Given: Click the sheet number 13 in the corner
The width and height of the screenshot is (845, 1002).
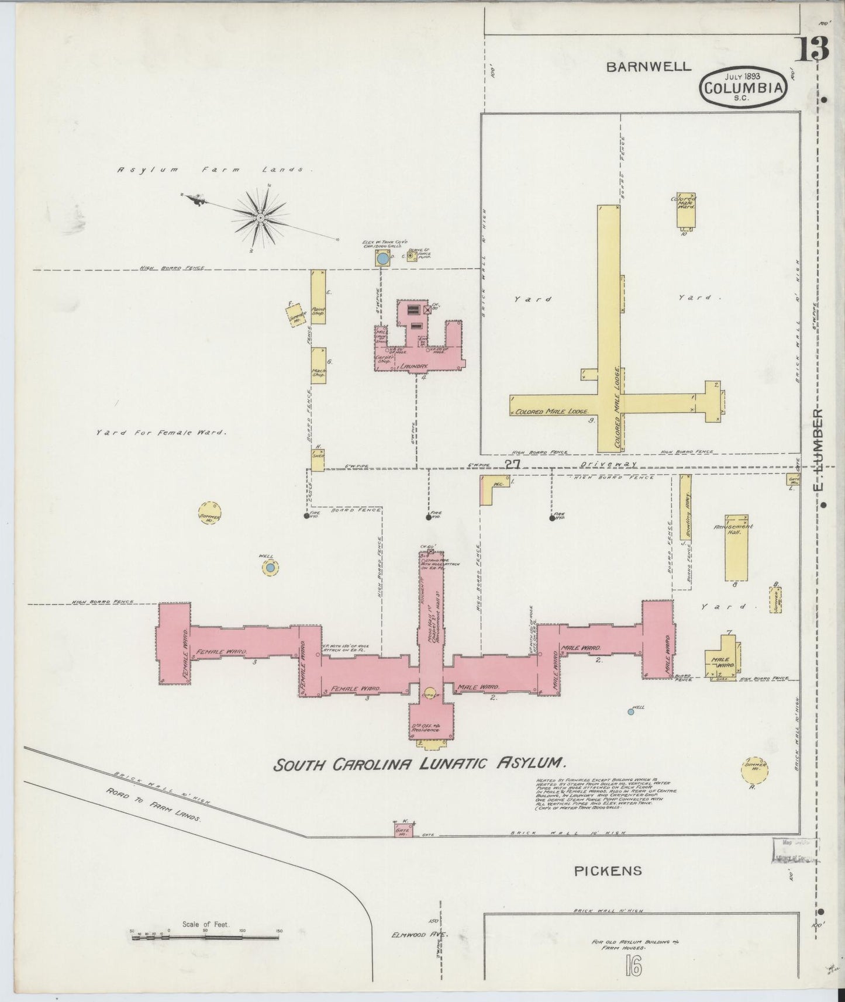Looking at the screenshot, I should (x=812, y=50).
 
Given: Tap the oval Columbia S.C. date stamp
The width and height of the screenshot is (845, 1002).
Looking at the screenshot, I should (x=743, y=88).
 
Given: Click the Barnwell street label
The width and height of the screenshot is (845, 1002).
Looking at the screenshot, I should (x=648, y=67).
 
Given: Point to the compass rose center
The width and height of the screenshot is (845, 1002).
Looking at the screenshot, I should (x=260, y=217).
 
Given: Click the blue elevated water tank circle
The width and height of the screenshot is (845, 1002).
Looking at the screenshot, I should (x=382, y=258).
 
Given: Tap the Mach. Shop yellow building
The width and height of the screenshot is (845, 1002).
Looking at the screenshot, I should (x=318, y=365).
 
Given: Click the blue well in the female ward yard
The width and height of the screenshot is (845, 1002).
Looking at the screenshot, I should (x=270, y=567).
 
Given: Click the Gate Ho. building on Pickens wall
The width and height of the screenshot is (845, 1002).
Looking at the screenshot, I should (x=402, y=830).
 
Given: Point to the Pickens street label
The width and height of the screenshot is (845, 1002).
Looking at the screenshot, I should (x=607, y=871).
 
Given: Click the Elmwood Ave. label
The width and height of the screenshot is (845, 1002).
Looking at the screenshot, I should (x=419, y=935).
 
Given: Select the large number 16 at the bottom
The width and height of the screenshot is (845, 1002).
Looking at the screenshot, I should (x=632, y=967).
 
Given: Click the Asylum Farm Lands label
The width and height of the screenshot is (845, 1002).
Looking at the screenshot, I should (x=211, y=170).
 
